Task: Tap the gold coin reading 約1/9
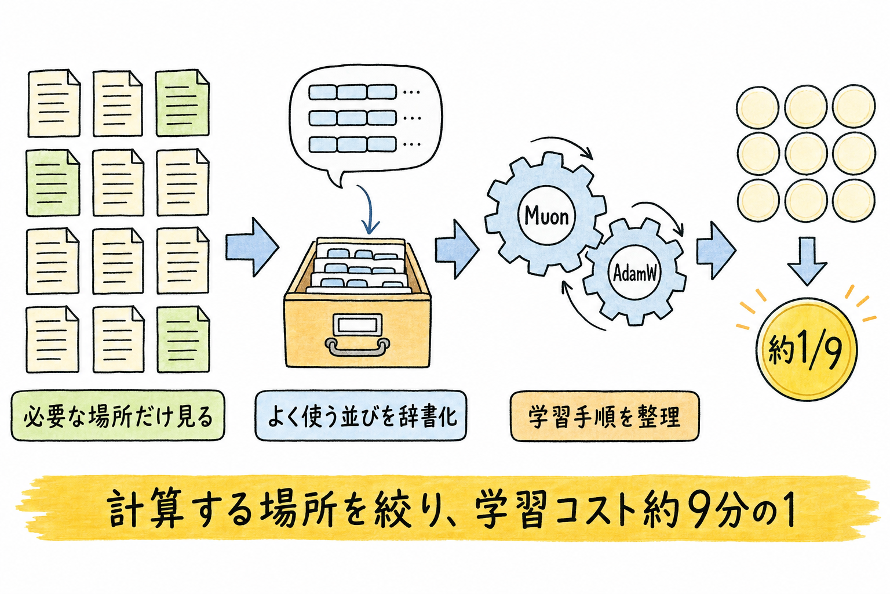pyautogui.click(x=806, y=349)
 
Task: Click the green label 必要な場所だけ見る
pyautogui.click(x=118, y=416)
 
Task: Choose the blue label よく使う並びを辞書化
pyautogui.click(x=360, y=416)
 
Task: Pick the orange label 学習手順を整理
pyautogui.click(x=604, y=416)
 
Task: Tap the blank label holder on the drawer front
pyautogui.click(x=358, y=325)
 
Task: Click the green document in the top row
pyautogui.click(x=183, y=103)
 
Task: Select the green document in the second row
pyautogui.click(x=53, y=183)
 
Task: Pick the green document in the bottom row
pyautogui.click(x=183, y=339)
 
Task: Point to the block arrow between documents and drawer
pyautogui.click(x=252, y=247)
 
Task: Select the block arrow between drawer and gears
pyautogui.click(x=457, y=249)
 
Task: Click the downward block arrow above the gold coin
pyautogui.click(x=807, y=261)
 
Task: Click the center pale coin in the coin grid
pyautogui.click(x=806, y=153)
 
